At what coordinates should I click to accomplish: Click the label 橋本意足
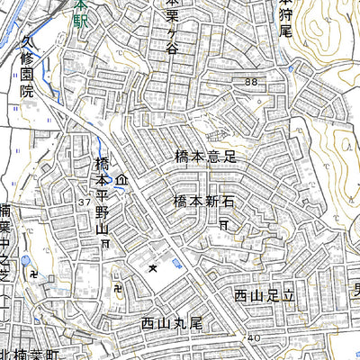click(x=205, y=157)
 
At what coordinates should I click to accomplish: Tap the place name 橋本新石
click(x=205, y=201)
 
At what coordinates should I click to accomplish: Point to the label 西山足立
click(x=265, y=294)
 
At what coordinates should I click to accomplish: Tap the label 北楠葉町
click(x=29, y=352)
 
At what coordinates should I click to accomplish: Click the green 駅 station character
click(x=81, y=18)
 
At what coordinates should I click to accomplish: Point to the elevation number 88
click(x=249, y=82)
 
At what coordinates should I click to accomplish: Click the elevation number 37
click(x=83, y=204)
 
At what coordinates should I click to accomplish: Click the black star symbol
click(x=154, y=267)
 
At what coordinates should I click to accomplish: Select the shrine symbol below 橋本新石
click(x=223, y=220)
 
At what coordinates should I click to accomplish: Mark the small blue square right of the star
click(x=176, y=262)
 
